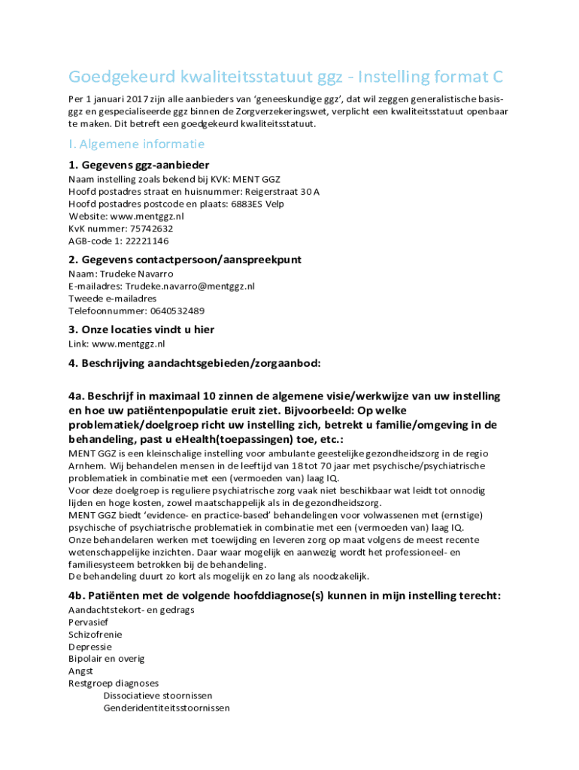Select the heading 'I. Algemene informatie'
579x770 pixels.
click(x=136, y=144)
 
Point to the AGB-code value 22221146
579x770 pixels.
click(x=148, y=241)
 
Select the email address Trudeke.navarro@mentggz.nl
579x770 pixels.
click(x=190, y=286)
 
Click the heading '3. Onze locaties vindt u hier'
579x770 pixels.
click(x=141, y=329)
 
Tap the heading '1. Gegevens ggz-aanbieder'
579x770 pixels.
click(x=138, y=165)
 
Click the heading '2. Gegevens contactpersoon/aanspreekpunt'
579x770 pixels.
click(x=185, y=259)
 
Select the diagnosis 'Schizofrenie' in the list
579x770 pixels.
click(x=95, y=634)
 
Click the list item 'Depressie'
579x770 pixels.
click(x=90, y=647)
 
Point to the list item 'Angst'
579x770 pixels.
click(x=80, y=671)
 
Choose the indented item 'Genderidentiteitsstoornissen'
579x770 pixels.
click(x=166, y=708)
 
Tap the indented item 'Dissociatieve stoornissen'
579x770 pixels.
click(x=158, y=696)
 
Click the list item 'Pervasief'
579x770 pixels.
click(x=89, y=622)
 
